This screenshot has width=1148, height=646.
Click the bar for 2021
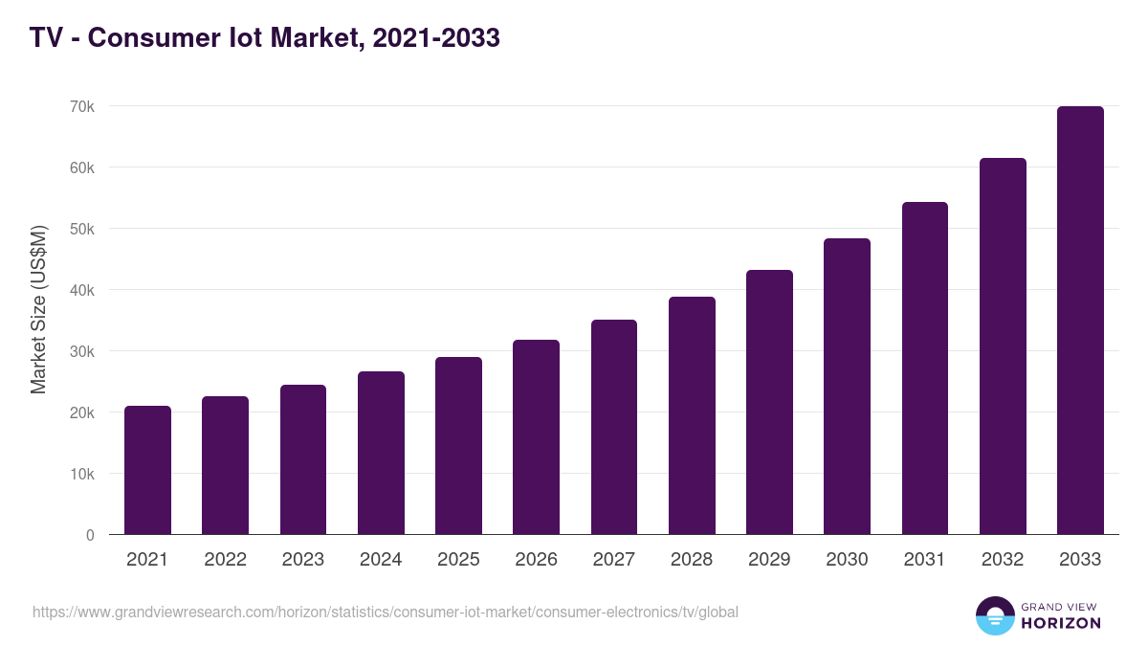click(x=147, y=470)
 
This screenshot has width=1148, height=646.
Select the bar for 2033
click(x=1080, y=321)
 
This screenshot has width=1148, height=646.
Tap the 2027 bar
click(x=614, y=427)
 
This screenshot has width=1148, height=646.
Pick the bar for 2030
click(x=847, y=387)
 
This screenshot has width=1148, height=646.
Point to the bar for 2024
click(x=381, y=453)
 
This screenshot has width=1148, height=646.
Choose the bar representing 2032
click(x=1003, y=346)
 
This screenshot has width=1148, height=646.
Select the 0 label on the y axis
click(x=90, y=535)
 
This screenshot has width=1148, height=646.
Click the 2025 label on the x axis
click(x=458, y=560)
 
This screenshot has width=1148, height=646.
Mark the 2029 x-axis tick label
click(x=769, y=560)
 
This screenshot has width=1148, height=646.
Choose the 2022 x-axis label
click(x=225, y=560)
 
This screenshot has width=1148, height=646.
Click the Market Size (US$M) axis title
click(x=38, y=309)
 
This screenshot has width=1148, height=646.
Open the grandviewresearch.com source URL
click(x=386, y=612)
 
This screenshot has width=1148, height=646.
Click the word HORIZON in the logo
click(x=1061, y=623)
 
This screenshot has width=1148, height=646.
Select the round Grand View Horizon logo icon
click(x=994, y=615)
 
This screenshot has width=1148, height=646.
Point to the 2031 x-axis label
click(x=925, y=560)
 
